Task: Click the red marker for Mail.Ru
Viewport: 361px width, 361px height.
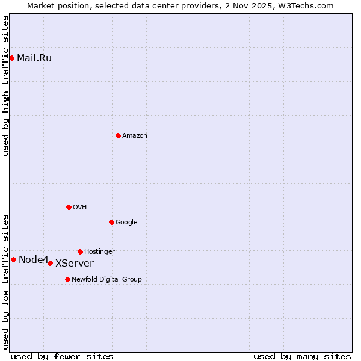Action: click(11, 58)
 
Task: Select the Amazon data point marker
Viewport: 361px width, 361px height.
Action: click(118, 135)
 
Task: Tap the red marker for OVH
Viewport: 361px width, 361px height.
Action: click(69, 207)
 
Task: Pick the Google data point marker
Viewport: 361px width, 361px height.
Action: click(111, 222)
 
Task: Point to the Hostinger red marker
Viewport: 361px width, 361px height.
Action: click(80, 251)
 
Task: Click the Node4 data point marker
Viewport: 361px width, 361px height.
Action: click(13, 259)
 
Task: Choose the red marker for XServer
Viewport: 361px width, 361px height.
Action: click(50, 263)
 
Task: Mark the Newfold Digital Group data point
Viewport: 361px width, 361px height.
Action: click(67, 279)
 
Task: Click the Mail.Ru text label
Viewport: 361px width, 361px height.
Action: click(34, 58)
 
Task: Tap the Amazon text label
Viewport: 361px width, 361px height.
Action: click(135, 136)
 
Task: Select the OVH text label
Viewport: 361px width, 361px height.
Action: click(80, 208)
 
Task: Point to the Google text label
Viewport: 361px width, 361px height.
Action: click(126, 223)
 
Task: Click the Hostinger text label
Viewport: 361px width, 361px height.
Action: click(99, 252)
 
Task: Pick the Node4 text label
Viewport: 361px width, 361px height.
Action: click(33, 260)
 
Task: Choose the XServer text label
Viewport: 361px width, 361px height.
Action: click(75, 264)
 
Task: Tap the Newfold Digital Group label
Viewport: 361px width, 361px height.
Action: click(106, 280)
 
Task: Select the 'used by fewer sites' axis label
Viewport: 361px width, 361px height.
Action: click(62, 356)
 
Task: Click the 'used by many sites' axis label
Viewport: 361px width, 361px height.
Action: click(302, 356)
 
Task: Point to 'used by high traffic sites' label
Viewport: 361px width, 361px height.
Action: click(5, 85)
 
